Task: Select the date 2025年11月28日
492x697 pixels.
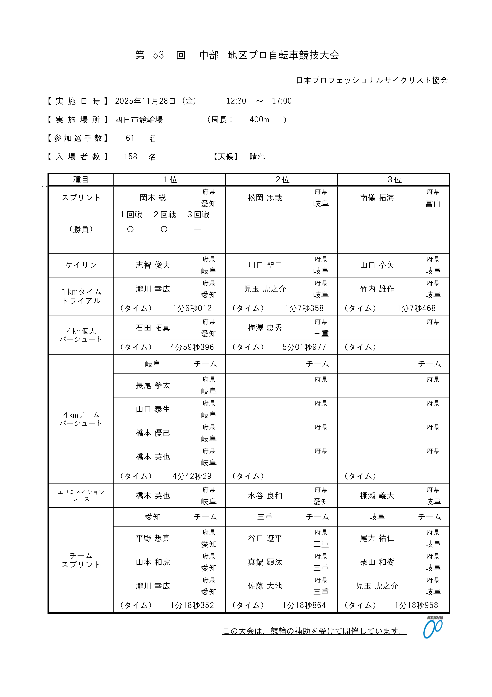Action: click(145, 101)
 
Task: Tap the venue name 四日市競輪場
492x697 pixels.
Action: click(139, 120)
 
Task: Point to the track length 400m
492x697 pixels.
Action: click(259, 120)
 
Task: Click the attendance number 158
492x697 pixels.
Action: click(130, 157)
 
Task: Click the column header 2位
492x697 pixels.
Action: click(282, 180)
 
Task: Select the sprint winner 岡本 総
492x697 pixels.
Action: click(153, 198)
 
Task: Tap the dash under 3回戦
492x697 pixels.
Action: click(198, 229)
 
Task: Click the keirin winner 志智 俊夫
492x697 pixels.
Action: click(153, 265)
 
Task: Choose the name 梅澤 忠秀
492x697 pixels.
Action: click(265, 328)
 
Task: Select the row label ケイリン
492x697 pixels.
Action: click(81, 265)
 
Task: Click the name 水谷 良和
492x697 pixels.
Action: click(265, 496)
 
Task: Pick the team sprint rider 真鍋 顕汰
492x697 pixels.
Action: click(265, 562)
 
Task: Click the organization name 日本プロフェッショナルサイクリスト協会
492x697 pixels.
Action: click(372, 80)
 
